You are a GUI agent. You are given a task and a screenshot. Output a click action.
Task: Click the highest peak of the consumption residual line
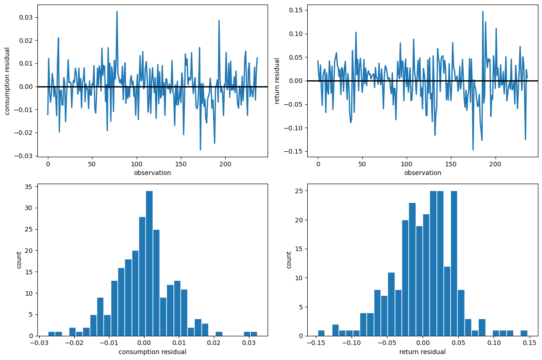(117, 11)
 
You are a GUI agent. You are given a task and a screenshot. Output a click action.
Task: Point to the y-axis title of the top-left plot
(7, 81)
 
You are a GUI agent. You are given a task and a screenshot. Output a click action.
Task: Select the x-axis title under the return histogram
(423, 352)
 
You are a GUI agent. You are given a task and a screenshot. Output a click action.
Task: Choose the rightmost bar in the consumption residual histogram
(253, 334)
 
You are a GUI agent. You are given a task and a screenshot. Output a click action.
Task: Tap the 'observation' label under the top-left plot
(152, 173)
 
